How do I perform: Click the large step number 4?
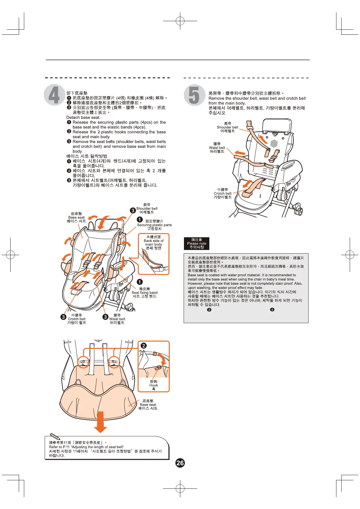coord(54,95)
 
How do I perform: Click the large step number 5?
coord(194,95)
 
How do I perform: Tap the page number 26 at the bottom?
coord(180,463)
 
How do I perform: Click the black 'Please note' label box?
coord(197,243)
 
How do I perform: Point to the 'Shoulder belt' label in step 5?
coord(227,127)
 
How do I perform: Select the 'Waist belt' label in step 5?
coord(217,148)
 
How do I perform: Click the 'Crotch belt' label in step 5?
coord(223,193)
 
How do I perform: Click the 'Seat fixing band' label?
coord(145,293)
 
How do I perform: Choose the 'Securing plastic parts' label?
coord(154,225)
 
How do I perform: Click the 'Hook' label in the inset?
coord(154,385)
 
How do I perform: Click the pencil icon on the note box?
coord(55,436)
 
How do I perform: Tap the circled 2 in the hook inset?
coord(144,345)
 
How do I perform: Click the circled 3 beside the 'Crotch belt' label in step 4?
coord(63,317)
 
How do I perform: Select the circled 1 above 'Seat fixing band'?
coord(140,282)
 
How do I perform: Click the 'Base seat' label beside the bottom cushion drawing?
coord(148,404)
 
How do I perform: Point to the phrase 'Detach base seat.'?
coord(83,117)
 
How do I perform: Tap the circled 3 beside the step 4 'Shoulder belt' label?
coord(133,210)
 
